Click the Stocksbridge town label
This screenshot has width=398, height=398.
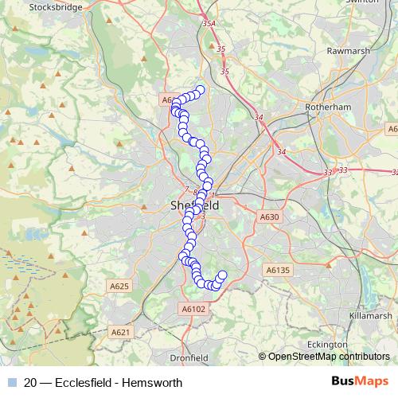click(x=57, y=7)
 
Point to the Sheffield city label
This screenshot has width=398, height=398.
click(x=194, y=205)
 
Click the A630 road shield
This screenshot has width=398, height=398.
click(x=271, y=217)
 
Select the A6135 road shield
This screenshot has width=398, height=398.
click(x=279, y=270)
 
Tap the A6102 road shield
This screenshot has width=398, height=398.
click(x=193, y=309)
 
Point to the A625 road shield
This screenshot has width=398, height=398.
click(x=119, y=286)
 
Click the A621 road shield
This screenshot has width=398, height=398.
click(x=120, y=332)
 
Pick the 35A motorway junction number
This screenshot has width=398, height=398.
click(x=209, y=25)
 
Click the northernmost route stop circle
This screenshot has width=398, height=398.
click(x=201, y=90)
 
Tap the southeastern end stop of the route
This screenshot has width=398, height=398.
click(x=222, y=275)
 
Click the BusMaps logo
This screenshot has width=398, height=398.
click(x=360, y=382)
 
